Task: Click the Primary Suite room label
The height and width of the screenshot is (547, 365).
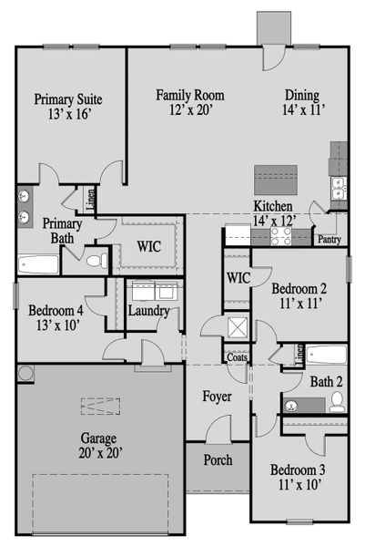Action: click(x=67, y=99)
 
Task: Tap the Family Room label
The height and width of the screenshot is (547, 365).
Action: click(x=189, y=95)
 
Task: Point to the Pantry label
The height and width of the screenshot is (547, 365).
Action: click(x=328, y=240)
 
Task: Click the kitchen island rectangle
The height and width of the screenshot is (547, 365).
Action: click(x=277, y=176)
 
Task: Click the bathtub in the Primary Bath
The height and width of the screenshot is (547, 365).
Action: click(x=38, y=264)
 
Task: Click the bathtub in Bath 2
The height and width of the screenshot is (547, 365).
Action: click(x=326, y=354)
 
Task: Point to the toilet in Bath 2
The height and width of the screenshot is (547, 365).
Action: click(x=334, y=400)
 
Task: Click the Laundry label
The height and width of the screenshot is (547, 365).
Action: click(x=147, y=311)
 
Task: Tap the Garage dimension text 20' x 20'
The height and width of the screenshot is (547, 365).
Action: click(x=99, y=451)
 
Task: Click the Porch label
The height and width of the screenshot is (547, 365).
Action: click(x=218, y=459)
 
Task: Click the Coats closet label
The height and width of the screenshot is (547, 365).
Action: click(x=237, y=357)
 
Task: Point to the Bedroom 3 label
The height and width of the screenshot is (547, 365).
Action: click(x=299, y=470)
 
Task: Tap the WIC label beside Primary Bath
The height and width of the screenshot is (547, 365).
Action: click(x=149, y=246)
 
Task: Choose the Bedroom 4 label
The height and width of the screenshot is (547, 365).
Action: click(x=55, y=309)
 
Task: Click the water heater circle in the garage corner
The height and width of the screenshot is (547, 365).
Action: click(x=25, y=373)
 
